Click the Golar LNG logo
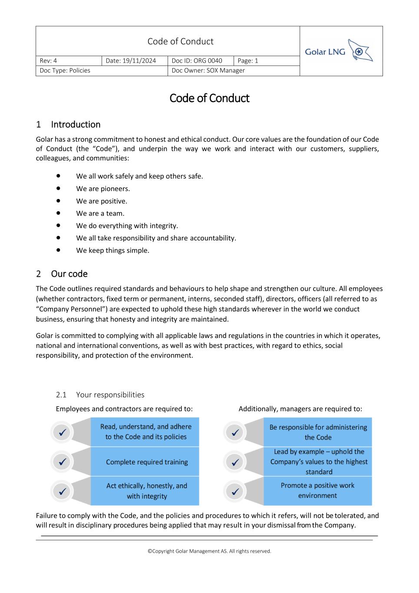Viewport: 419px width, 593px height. point(339,52)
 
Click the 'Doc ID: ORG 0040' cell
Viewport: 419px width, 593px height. point(197,61)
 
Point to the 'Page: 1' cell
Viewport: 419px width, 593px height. point(248,61)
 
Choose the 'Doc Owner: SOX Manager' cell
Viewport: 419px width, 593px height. point(208,70)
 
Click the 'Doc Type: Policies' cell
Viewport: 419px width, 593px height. point(65,70)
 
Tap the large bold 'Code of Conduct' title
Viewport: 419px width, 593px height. point(209,98)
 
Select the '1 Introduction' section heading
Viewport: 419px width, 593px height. point(68,125)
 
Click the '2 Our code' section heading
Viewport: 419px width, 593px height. point(62,274)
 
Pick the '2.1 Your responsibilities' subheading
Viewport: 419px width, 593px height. point(100,394)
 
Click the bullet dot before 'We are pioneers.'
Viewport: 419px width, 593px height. point(58,189)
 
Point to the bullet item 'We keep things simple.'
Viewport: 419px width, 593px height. point(112,250)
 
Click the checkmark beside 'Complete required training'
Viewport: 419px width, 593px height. point(62,462)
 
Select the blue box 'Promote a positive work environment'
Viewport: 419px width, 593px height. point(317,490)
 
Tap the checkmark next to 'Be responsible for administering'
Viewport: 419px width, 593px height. point(235,433)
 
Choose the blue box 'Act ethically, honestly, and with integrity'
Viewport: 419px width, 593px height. point(146,491)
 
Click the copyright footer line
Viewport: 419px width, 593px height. point(209,551)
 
